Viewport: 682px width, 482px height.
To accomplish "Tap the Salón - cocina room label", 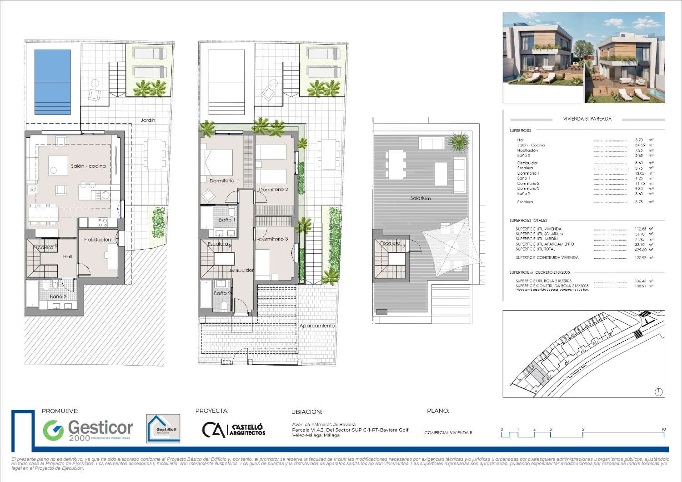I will [88, 166].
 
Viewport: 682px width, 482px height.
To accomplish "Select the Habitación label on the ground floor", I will [97, 240].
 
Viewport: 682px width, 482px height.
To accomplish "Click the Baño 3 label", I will [58, 296].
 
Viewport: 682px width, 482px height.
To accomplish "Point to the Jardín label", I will [148, 120].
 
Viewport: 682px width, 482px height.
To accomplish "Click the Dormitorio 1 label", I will [223, 181].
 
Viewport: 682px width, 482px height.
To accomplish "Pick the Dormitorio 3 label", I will [273, 239].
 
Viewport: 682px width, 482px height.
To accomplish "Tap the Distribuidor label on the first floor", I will [241, 270].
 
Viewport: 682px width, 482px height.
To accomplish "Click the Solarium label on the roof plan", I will [420, 198].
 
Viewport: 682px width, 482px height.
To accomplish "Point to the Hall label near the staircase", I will [67, 257].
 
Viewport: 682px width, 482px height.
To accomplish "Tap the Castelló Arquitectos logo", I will [234, 430].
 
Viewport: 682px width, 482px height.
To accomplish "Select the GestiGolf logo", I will [163, 428].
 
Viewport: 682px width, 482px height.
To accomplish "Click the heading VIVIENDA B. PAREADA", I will [587, 119].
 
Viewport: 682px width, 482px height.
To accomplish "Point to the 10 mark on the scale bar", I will [663, 429].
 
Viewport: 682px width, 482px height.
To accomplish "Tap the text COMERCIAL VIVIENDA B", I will [448, 433].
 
